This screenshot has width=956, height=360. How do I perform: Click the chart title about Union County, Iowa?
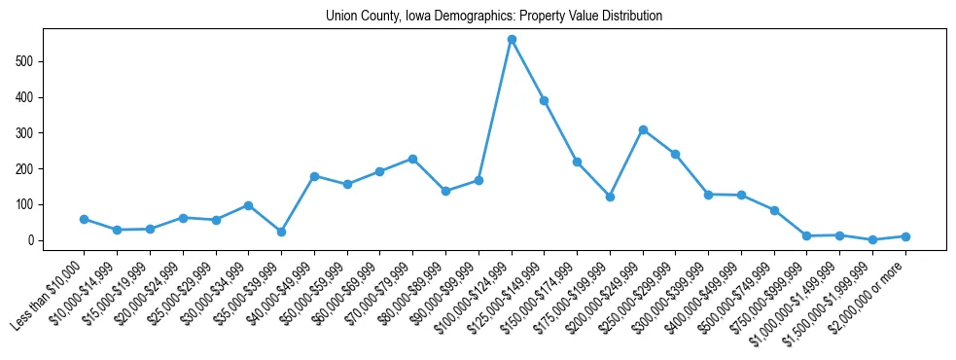click(478, 16)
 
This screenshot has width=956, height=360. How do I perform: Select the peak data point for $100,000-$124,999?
click(512, 40)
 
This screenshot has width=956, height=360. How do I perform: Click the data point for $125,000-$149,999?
click(545, 100)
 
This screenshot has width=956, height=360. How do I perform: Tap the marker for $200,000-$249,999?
click(643, 129)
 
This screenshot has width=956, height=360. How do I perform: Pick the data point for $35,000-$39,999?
click(281, 232)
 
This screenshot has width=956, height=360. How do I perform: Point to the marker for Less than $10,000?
click(84, 219)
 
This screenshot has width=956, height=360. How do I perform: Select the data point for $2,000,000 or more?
click(905, 236)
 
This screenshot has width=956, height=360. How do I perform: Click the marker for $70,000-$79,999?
click(412, 159)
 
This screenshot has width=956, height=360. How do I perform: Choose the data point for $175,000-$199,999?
click(610, 197)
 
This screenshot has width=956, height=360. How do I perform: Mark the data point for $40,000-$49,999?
click(314, 176)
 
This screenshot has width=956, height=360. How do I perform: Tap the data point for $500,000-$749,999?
click(774, 210)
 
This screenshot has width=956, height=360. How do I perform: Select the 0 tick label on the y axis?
click(30, 240)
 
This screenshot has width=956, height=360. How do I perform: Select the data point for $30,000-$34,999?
click(248, 205)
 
